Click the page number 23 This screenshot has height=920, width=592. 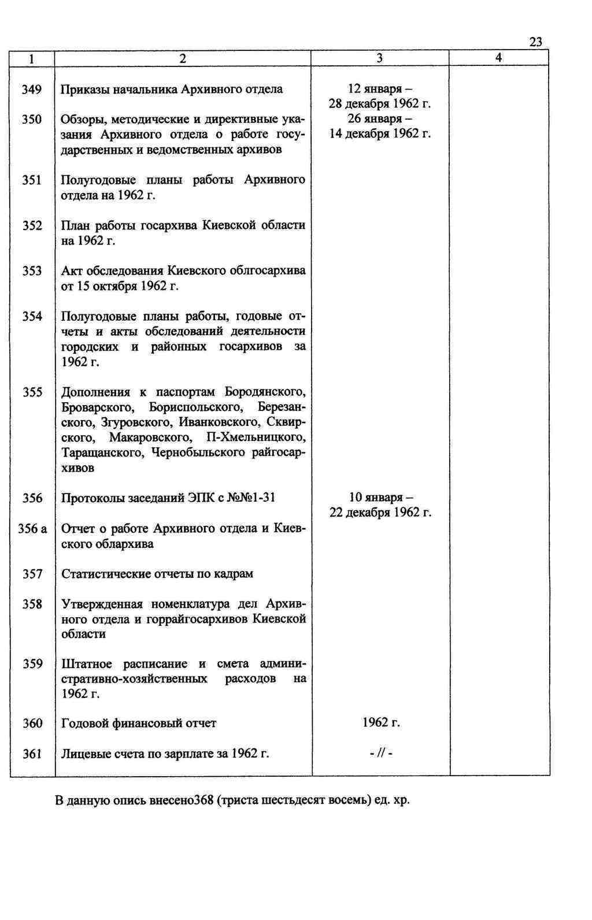[535, 42]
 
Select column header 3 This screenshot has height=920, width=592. [379, 58]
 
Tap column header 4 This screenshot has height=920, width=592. [498, 58]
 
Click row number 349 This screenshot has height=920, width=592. [32, 90]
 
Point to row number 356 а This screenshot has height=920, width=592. [32, 529]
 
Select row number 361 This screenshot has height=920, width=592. [32, 754]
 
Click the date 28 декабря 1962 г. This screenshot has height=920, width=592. [380, 104]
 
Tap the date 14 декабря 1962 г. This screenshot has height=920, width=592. [380, 134]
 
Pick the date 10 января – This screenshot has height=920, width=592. [381, 498]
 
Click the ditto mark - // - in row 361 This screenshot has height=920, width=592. [381, 754]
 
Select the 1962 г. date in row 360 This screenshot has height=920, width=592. [381, 723]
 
